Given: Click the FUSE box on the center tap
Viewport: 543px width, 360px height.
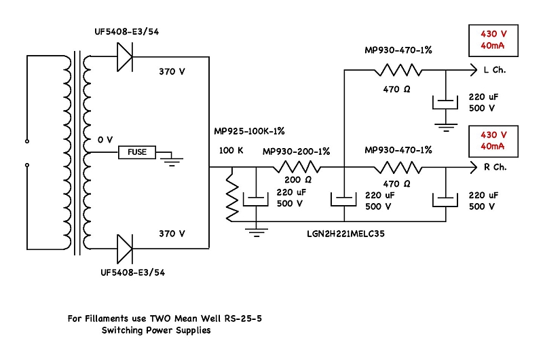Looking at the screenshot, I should [x=137, y=152].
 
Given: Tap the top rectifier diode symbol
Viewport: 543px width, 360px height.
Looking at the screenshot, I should [x=126, y=56].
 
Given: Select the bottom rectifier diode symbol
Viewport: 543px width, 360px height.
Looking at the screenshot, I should [x=126, y=248].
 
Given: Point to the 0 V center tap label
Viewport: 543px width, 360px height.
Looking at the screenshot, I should [x=105, y=139].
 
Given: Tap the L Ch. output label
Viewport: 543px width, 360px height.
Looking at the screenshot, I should [x=493, y=70].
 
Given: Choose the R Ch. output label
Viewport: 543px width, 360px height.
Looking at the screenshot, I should [x=493, y=166].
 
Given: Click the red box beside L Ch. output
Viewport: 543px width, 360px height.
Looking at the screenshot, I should [x=493, y=39].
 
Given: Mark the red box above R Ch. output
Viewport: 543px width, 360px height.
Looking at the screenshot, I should [x=493, y=140].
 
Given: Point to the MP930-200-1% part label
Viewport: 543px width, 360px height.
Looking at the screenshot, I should [x=296, y=151].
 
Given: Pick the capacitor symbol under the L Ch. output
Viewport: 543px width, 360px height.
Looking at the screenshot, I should [x=445, y=101].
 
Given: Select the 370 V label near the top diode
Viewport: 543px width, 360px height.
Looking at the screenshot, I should [x=172, y=71].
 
